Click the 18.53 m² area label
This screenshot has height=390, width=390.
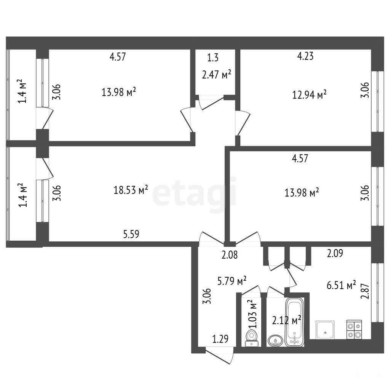[131, 190]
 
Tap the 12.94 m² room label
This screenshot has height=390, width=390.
[309, 95]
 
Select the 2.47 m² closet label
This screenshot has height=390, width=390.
[217, 74]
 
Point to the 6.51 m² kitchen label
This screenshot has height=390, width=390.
[341, 285]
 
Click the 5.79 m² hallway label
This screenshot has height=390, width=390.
[232, 281]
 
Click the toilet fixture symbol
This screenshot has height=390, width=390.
[251, 338]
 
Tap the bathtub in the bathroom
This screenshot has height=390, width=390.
[295, 322]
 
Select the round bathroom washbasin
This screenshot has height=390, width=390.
[275, 340]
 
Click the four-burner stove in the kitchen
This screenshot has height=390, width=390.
[354, 329]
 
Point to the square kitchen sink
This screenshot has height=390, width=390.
[325, 330]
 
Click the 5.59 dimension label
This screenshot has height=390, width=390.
[131, 234]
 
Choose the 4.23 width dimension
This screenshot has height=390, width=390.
[305, 56]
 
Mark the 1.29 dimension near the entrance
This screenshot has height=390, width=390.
[220, 339]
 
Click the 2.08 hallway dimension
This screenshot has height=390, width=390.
[230, 255]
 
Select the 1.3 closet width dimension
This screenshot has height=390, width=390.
[213, 58]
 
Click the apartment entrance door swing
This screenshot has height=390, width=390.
[220, 355]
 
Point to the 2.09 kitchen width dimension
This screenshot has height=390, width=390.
[335, 253]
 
